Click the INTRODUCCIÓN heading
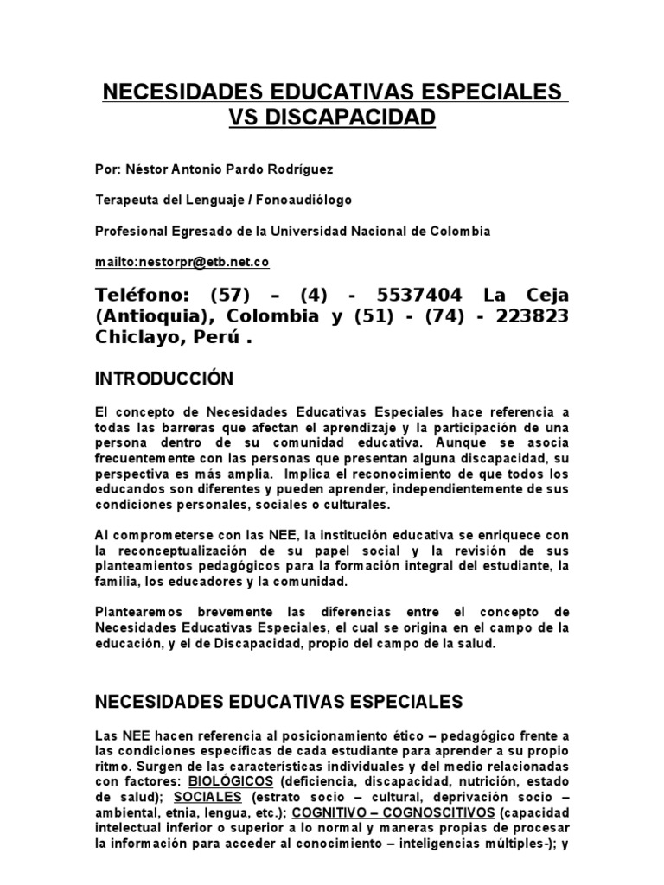coord(164,379)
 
